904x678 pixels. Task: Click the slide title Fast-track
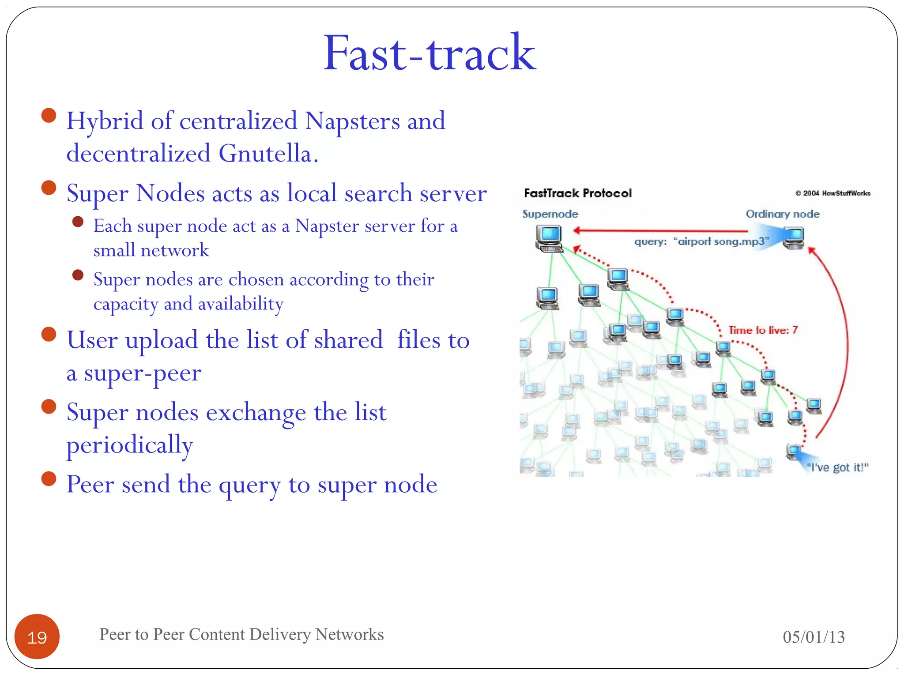point(429,54)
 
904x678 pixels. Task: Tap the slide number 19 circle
point(37,637)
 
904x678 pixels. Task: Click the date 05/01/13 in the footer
point(814,637)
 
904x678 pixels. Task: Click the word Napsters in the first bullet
point(351,121)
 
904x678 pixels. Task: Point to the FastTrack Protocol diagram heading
point(577,193)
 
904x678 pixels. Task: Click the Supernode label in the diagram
point(550,214)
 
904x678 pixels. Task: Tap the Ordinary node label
point(782,214)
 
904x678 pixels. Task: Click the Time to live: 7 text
point(763,330)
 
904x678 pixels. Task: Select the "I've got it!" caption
point(837,467)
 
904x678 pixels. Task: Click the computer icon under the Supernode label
point(549,238)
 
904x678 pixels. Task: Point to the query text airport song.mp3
point(702,241)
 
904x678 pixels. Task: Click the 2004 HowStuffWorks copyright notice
point(832,193)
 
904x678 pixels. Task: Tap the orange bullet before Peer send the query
point(49,478)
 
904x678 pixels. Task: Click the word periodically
point(130,445)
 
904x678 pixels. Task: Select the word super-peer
point(142,373)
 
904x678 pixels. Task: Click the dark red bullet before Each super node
point(78,222)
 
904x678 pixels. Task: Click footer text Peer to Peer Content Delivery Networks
point(241,634)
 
